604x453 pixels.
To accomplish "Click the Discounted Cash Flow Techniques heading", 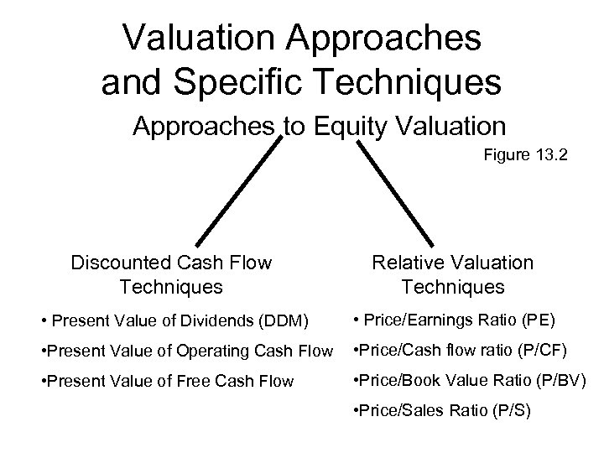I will point(171,274).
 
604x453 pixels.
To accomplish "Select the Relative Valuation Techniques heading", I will point(453,274).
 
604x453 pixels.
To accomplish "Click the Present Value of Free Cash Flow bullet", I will point(167,381).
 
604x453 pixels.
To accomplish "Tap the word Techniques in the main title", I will point(407,81).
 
